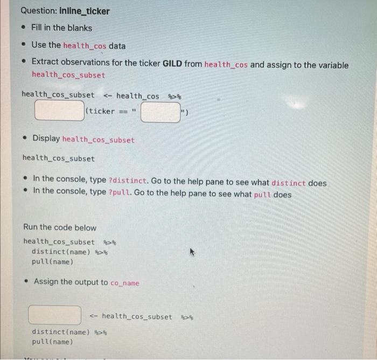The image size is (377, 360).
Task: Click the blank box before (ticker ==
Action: [59, 110]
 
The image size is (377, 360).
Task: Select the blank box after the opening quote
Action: [160, 112]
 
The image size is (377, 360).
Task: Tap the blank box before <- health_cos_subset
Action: [55, 315]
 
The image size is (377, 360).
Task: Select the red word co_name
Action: [124, 282]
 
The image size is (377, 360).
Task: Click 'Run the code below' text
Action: [60, 227]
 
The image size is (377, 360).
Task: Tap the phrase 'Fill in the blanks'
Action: [61, 27]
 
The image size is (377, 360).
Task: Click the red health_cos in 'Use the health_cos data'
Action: [85, 45]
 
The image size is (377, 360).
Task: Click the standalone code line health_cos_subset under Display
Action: [58, 158]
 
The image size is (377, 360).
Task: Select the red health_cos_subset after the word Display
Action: [99, 140]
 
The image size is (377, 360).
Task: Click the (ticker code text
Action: [100, 111]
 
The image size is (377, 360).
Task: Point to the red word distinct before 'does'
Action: [288, 183]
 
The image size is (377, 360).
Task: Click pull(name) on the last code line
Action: [52, 342]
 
